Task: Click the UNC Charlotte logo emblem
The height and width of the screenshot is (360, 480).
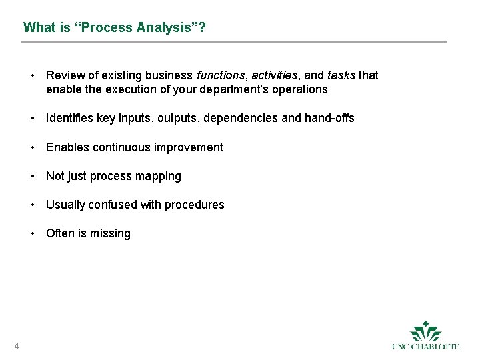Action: [426, 331]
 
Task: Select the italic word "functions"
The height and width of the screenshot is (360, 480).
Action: [221, 75]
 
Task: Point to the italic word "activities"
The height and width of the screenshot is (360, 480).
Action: [273, 75]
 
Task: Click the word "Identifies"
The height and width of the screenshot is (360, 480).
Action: [69, 118]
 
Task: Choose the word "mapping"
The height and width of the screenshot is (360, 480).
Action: [159, 176]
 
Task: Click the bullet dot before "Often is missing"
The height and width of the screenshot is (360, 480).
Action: [32, 233]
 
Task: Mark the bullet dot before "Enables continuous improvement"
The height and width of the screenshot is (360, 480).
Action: [32, 147]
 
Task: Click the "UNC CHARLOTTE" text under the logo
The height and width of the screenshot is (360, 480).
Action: [426, 347]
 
